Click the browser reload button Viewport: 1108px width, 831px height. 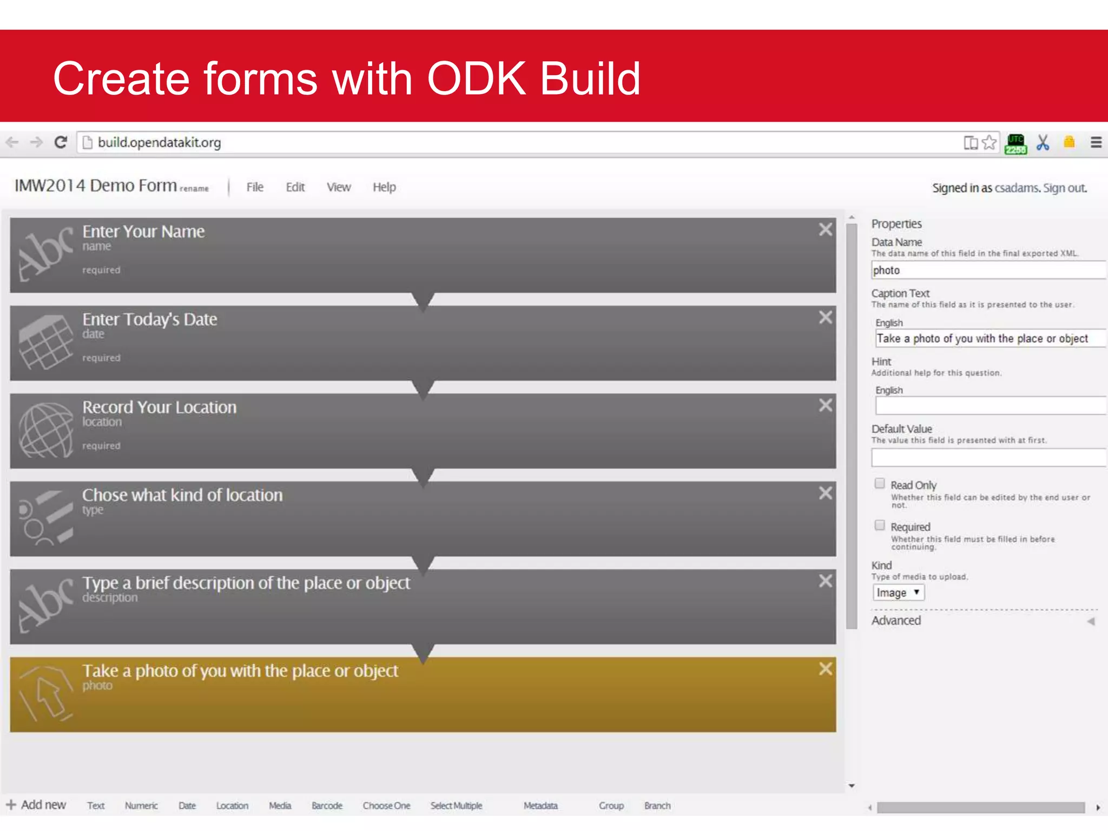(61, 142)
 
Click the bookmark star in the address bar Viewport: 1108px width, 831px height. (989, 142)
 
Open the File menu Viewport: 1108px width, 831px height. (254, 187)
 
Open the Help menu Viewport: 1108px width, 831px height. (384, 187)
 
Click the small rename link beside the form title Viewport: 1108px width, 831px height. (194, 189)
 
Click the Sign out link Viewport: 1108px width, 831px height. (1064, 188)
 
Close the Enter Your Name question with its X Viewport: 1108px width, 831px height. (825, 229)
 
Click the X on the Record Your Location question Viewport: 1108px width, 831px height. (825, 405)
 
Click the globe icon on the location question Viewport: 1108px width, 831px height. (46, 430)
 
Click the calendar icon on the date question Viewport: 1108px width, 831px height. (46, 342)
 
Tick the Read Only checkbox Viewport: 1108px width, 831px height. (880, 484)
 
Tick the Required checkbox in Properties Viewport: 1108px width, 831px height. (880, 525)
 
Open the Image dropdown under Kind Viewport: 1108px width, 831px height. (898, 592)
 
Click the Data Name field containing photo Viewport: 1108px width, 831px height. (987, 270)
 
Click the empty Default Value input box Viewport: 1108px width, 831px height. (987, 458)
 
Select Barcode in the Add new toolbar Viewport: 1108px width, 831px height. (327, 806)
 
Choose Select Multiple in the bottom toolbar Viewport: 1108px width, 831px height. (456, 806)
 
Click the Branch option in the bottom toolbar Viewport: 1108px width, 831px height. (657, 806)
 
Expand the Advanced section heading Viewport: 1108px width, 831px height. (896, 621)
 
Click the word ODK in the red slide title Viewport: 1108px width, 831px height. (476, 78)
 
